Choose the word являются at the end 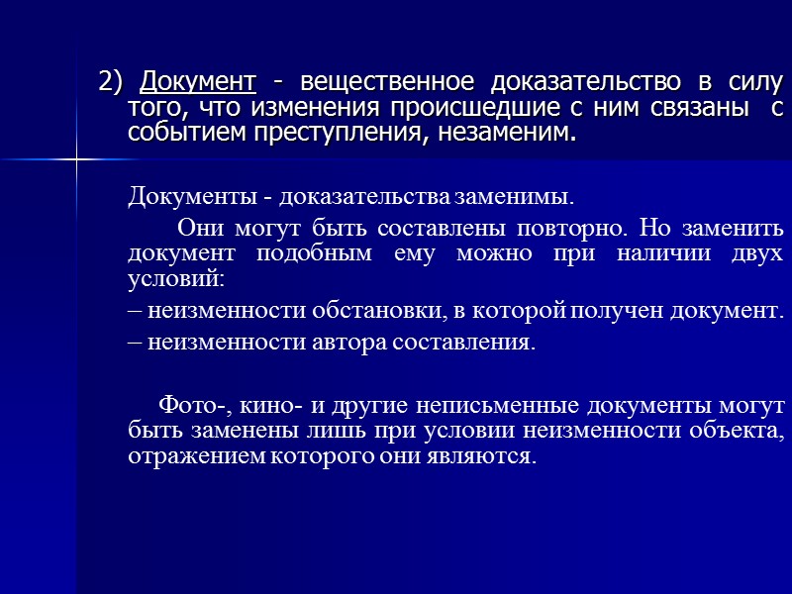click(486, 457)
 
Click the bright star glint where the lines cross click(76, 159)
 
